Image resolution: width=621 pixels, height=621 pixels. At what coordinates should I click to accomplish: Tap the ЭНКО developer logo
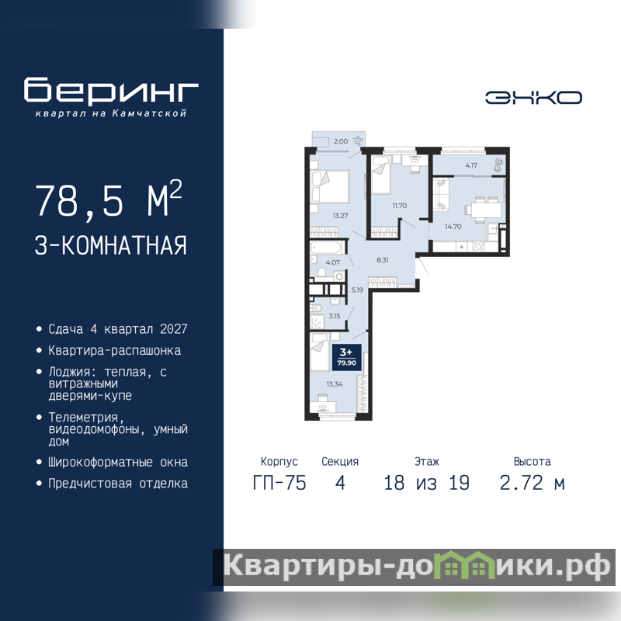533,98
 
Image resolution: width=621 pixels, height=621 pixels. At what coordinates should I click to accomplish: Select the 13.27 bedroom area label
340,216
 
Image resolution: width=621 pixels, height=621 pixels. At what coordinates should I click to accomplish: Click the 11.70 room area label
400,206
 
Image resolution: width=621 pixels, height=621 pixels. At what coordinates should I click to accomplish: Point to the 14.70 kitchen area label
453,227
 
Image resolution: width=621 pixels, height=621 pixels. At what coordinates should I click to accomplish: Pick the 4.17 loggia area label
471,165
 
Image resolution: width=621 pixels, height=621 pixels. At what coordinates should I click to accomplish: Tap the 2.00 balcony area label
341,141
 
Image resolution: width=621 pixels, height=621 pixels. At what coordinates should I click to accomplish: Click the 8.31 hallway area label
383,260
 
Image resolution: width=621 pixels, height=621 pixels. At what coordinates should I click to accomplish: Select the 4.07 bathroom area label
333,262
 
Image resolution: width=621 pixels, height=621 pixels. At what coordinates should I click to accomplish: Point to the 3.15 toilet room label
335,316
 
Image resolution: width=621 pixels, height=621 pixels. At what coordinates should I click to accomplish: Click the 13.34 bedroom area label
335,384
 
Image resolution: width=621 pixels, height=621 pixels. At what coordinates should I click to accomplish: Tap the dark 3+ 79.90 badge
346,357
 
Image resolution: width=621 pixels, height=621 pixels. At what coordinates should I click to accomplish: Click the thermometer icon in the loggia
498,165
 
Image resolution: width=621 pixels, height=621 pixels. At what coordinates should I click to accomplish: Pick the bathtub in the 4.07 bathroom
327,248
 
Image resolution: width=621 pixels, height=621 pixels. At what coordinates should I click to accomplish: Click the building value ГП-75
279,483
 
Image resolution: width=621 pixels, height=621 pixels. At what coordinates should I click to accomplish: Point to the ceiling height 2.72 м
532,483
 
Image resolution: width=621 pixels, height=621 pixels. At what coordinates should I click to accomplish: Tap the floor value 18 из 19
426,483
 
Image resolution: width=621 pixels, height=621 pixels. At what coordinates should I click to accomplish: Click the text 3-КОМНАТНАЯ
111,245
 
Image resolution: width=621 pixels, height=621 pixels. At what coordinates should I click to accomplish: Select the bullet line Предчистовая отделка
118,484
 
